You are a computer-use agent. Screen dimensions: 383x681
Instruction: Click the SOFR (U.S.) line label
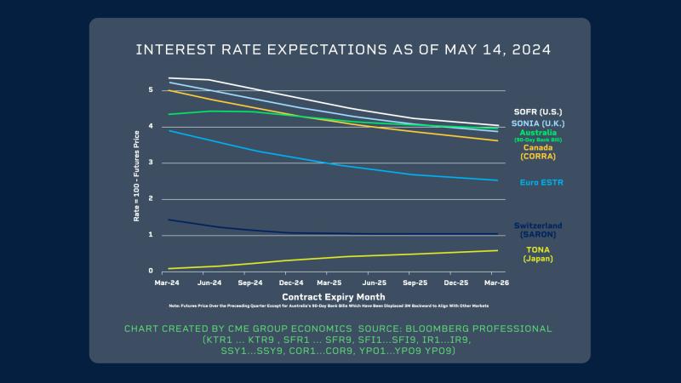[x=538, y=111]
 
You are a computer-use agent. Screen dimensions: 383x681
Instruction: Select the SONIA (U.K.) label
[x=537, y=123]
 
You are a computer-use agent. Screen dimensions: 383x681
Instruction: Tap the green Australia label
[x=537, y=133]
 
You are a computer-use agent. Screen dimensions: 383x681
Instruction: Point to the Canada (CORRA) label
[x=538, y=151]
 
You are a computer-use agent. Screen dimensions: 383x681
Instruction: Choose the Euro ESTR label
[x=541, y=182]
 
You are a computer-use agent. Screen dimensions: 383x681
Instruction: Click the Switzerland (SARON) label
[x=538, y=229]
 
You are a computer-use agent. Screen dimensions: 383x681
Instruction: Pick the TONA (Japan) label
[x=538, y=254]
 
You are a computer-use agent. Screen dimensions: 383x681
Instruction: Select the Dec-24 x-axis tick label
[x=290, y=282]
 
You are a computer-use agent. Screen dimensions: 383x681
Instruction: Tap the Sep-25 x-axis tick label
[x=415, y=282]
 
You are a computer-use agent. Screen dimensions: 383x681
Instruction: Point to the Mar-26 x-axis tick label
[x=498, y=282]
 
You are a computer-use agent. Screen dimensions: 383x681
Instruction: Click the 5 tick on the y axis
[x=151, y=90]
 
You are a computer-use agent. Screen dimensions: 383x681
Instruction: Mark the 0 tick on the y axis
[x=151, y=272]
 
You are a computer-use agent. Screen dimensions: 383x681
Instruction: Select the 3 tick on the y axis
[x=151, y=163]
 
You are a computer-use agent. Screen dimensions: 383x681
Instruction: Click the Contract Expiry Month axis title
[x=328, y=296]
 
